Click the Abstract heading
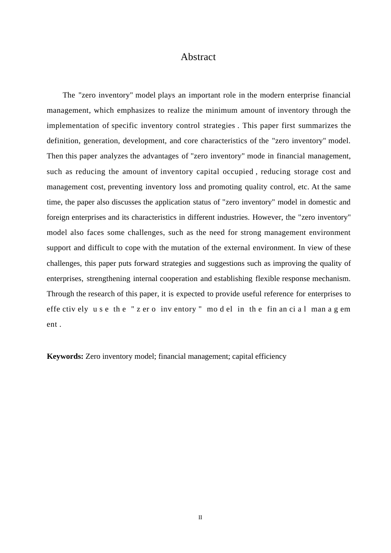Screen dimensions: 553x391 click(198, 57)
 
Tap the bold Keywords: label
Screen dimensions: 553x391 click(65, 356)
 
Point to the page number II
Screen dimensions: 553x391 click(200, 517)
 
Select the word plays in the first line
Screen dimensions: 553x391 click(166, 95)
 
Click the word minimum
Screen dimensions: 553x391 click(221, 110)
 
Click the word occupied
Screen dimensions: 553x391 click(237, 172)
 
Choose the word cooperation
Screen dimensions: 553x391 click(179, 279)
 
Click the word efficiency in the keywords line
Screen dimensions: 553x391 click(270, 356)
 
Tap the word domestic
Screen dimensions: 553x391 click(322, 202)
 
